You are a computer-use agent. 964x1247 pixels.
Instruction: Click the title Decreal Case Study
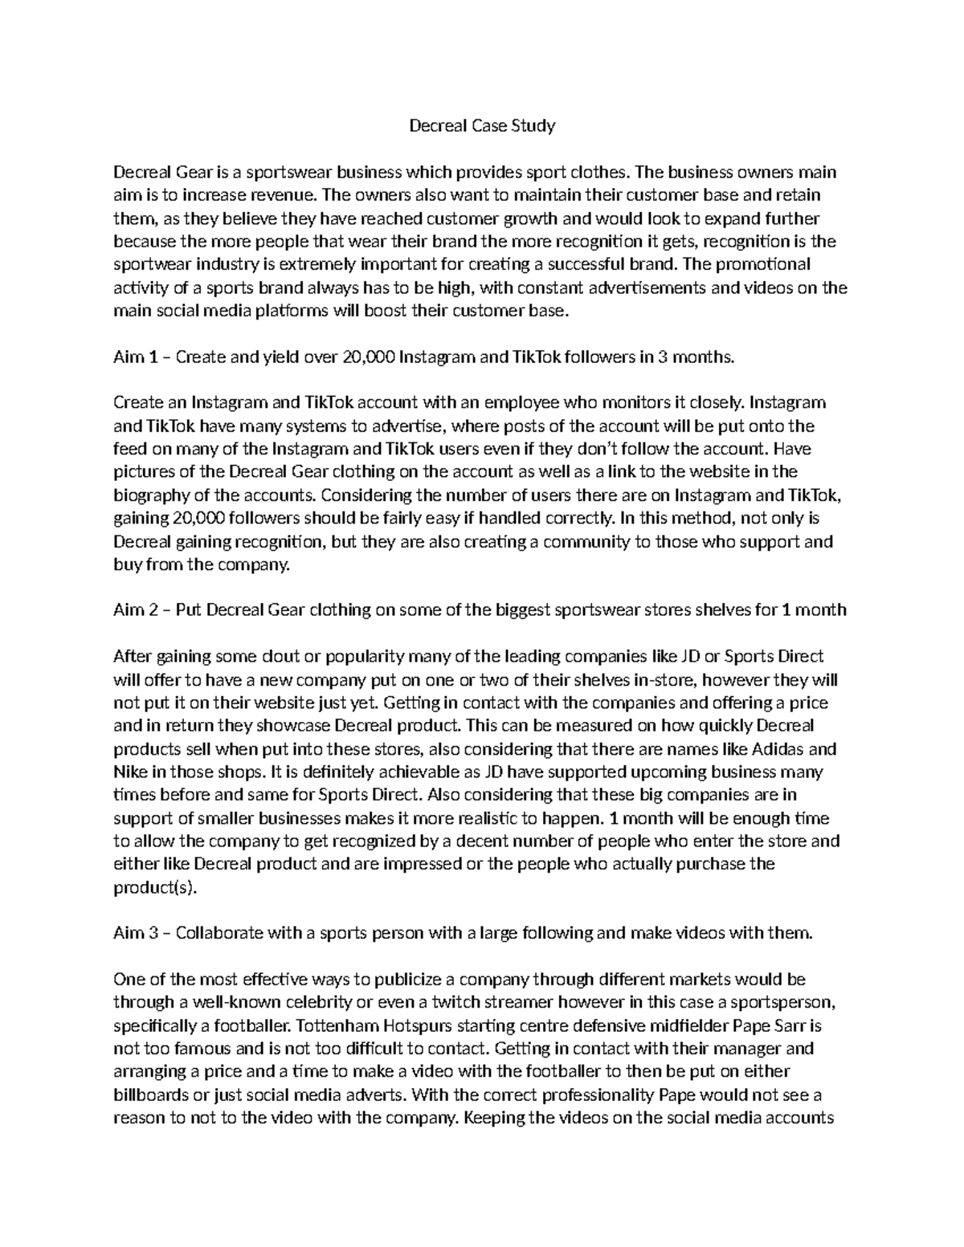[x=482, y=125]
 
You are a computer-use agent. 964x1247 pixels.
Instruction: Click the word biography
[x=150, y=495]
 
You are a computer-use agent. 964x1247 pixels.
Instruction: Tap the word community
[x=586, y=542]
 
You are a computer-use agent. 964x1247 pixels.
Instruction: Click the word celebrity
[x=320, y=1002]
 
